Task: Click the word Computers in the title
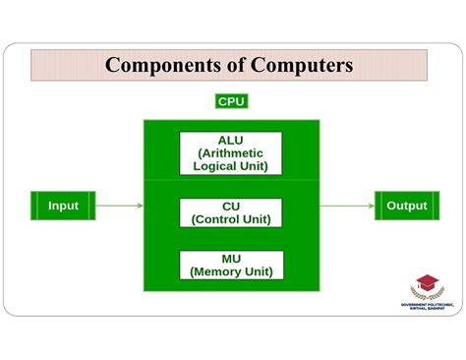click(298, 66)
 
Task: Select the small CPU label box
click(231, 101)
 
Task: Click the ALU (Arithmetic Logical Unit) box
click(231, 152)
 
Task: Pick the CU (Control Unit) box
click(231, 212)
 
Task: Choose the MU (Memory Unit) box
click(231, 264)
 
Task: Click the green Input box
click(63, 206)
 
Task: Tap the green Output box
click(406, 206)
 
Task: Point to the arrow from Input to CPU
click(120, 206)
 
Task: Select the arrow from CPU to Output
click(346, 206)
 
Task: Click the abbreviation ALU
click(231, 140)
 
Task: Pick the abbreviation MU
click(231, 257)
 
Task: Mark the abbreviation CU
click(231, 206)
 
